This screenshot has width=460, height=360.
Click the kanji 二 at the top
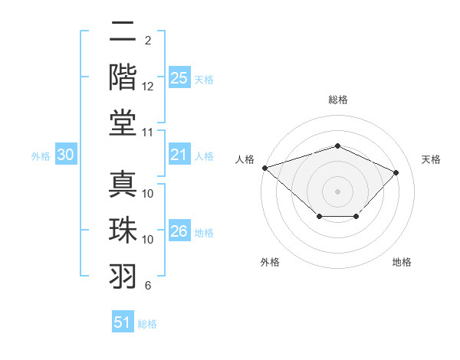(123, 33)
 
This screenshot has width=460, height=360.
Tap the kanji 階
(123, 77)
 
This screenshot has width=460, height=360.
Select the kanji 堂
(123, 123)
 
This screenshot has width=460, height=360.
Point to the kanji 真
(123, 184)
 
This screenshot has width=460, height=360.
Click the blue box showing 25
(179, 78)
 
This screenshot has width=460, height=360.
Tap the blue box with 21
(179, 155)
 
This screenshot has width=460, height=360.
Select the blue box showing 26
(179, 231)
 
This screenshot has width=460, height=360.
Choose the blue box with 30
(66, 155)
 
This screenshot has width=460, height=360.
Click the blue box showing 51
(122, 322)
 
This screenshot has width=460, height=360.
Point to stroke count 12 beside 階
(148, 87)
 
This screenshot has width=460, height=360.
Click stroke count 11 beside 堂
(148, 133)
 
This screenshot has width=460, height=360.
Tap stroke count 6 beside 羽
(148, 286)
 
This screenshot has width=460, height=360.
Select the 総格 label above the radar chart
(338, 100)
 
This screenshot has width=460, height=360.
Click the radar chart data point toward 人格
(264, 168)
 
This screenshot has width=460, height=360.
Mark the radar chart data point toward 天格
(396, 172)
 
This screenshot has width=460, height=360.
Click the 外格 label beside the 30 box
(41, 155)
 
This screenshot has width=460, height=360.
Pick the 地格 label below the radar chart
(402, 262)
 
